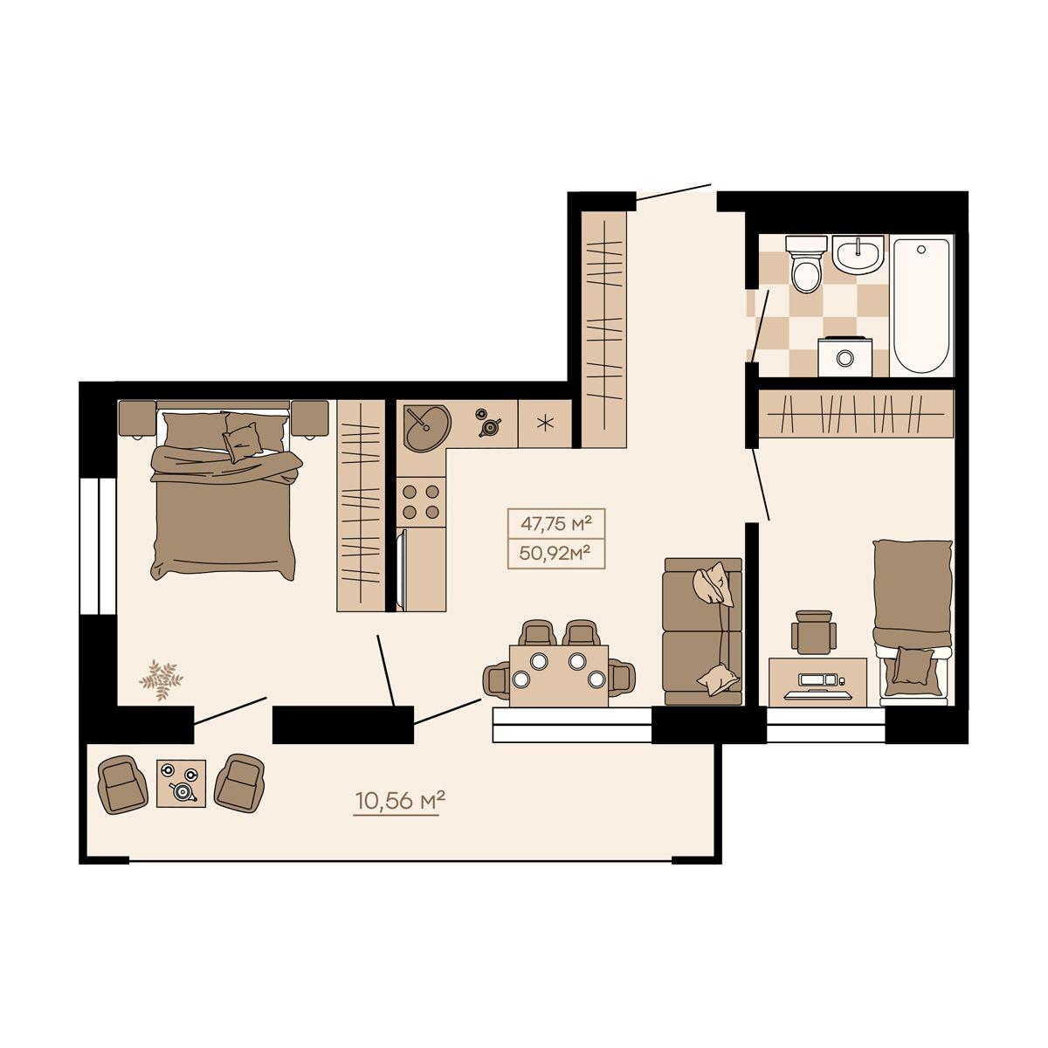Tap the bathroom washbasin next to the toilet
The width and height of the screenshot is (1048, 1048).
click(858, 253)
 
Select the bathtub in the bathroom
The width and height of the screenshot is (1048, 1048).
click(921, 306)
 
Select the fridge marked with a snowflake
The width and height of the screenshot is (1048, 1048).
click(544, 424)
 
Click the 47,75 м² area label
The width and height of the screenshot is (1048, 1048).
click(555, 524)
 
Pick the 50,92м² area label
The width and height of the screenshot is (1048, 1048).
click(555, 553)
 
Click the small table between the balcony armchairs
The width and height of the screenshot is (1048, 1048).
click(181, 783)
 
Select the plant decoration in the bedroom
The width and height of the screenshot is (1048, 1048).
click(161, 679)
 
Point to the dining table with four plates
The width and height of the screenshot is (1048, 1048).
click(559, 676)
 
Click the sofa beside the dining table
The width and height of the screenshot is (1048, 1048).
click(703, 631)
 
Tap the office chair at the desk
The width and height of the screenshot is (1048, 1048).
click(810, 632)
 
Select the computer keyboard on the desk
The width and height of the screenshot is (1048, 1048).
click(817, 695)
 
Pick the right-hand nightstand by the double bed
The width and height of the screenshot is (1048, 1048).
click(309, 418)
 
